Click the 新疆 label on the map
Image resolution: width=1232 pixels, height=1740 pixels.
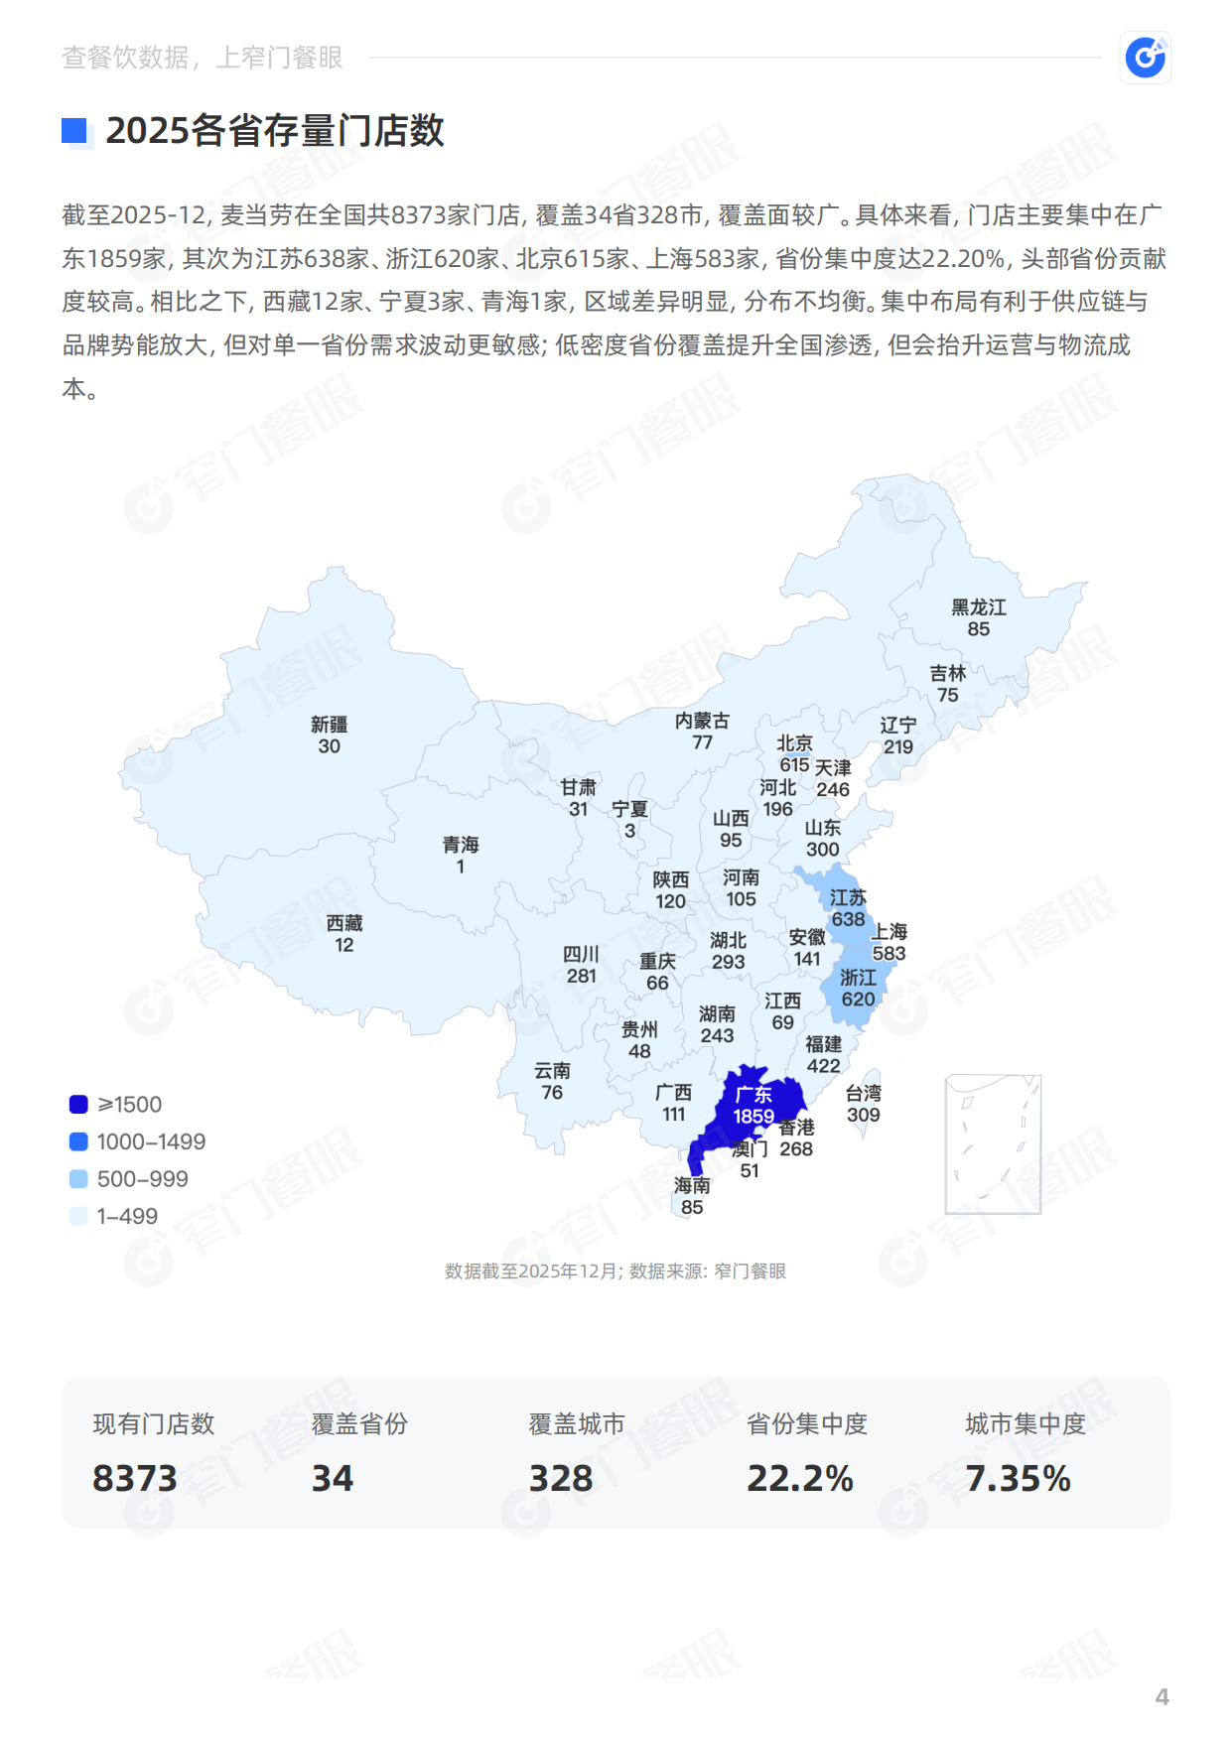[x=329, y=725]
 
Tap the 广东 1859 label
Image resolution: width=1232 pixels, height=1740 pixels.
[x=753, y=1105]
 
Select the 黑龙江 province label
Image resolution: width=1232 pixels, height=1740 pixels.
[x=978, y=607]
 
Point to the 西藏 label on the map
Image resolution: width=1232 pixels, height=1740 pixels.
[x=343, y=923]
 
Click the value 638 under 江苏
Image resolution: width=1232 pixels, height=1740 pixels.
[x=848, y=919]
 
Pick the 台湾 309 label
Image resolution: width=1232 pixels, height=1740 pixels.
[x=863, y=1104]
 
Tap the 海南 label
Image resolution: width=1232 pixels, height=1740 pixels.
[x=692, y=1185]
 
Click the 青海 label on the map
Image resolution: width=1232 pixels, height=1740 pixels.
[x=461, y=845]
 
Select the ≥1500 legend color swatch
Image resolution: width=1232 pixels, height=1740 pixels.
[x=78, y=1104]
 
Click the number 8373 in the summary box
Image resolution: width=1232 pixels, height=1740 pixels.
[x=135, y=1478]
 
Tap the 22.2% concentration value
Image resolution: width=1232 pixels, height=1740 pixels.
[x=800, y=1478]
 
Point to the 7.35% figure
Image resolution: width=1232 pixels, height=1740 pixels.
[x=1019, y=1478]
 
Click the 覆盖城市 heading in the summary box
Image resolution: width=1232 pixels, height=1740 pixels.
[x=577, y=1424]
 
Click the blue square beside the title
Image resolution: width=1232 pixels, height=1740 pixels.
[x=74, y=131]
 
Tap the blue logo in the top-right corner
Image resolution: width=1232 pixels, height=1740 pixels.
[x=1145, y=58]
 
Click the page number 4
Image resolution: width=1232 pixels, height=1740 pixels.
[x=1162, y=1696]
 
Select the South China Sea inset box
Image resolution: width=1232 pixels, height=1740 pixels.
[x=993, y=1143]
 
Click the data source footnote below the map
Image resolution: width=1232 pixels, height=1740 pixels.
[x=616, y=1272]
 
